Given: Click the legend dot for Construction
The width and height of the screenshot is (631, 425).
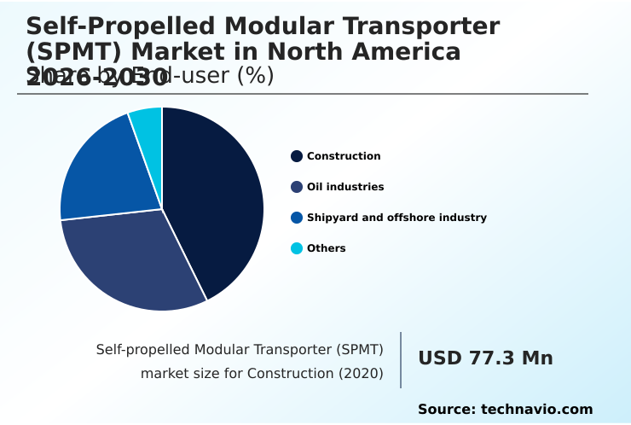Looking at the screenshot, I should [297, 156].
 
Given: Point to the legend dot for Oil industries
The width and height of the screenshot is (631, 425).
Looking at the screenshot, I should [297, 187].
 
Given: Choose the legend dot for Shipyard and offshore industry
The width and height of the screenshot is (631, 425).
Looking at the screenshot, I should [297, 218].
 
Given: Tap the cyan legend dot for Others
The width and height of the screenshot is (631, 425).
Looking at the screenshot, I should [297, 248].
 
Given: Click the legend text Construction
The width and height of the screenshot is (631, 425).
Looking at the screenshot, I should [344, 156].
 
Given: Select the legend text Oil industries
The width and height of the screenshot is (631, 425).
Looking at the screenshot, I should [345, 187].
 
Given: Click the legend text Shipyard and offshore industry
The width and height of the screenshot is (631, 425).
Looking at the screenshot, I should [397, 218].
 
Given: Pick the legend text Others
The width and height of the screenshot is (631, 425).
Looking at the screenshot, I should [327, 248].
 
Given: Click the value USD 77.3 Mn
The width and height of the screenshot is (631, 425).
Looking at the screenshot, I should [485, 358].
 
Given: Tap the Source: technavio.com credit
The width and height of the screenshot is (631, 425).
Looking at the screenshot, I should [505, 410].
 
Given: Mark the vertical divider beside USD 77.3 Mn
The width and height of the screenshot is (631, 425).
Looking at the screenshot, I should [401, 359].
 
